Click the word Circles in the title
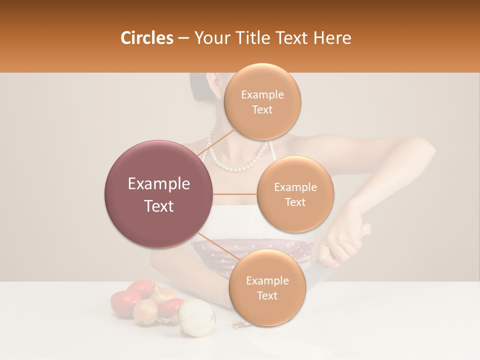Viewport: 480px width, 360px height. [146, 38]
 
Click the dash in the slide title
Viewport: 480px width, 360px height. [183, 38]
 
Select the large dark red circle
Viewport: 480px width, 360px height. [158, 194]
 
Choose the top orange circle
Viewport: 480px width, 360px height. [262, 102]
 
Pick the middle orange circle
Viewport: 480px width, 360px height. [295, 194]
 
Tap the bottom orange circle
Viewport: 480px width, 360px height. [267, 288]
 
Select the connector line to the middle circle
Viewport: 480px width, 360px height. [235, 194]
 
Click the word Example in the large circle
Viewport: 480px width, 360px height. [159, 184]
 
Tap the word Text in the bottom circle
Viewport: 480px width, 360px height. [267, 295]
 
